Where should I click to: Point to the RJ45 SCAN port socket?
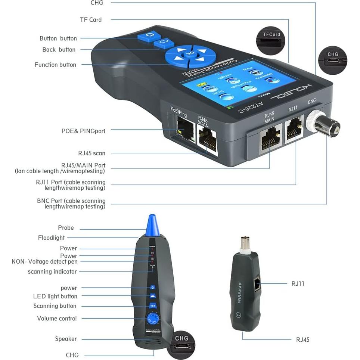(x=208, y=141)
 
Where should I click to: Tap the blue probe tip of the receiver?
(x=152, y=224)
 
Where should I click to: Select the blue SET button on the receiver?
(x=152, y=305)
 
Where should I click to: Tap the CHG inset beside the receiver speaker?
(x=182, y=343)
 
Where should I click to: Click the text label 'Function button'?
(x=55, y=65)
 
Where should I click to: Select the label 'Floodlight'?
(x=51, y=238)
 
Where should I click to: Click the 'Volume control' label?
(x=57, y=319)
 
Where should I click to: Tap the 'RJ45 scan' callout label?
(x=91, y=153)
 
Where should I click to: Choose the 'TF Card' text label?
(x=91, y=19)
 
